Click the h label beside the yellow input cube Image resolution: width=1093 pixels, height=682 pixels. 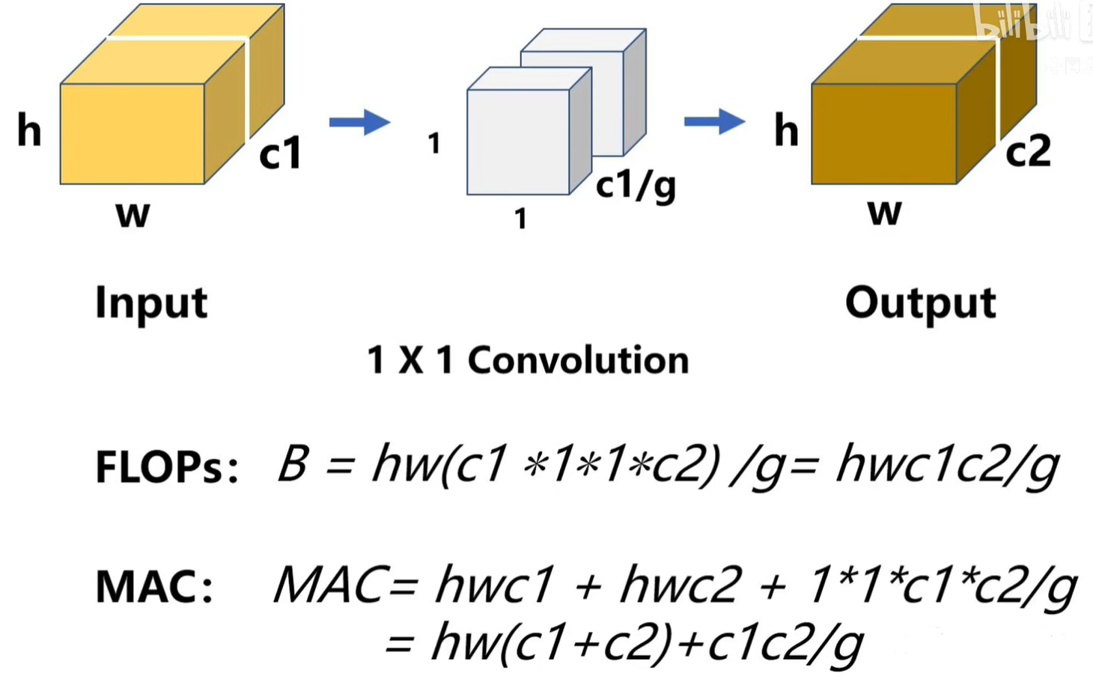pyautogui.click(x=30, y=130)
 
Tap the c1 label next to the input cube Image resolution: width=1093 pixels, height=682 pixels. pyautogui.click(x=280, y=153)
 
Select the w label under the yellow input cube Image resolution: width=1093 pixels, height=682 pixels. pyautogui.click(x=133, y=214)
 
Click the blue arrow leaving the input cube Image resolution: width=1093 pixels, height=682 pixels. pyautogui.click(x=359, y=122)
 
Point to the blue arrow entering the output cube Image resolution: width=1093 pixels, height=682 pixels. pyautogui.click(x=714, y=121)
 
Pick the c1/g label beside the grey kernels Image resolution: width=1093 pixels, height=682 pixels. pyautogui.click(x=636, y=185)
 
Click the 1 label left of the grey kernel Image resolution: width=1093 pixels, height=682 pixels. pyautogui.click(x=433, y=143)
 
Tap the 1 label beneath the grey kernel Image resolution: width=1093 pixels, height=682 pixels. pyautogui.click(x=520, y=219)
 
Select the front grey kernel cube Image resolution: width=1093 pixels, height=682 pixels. pyautogui.click(x=518, y=142)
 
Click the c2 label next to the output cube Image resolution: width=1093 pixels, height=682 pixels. pyautogui.click(x=1028, y=152)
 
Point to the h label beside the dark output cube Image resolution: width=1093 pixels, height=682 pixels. pyautogui.click(x=786, y=130)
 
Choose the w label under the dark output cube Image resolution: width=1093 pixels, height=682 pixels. pyautogui.click(x=884, y=213)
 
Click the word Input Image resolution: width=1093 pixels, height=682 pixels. pyautogui.click(x=151, y=304)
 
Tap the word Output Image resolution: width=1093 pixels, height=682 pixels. pyautogui.click(x=920, y=304)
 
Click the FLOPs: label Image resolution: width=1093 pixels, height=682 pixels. pyautogui.click(x=167, y=467)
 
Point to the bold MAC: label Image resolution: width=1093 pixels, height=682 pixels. pyautogui.click(x=154, y=587)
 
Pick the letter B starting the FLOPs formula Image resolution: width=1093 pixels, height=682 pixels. pyautogui.click(x=293, y=463)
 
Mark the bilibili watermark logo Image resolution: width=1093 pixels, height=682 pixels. pyautogui.click(x=1022, y=22)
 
